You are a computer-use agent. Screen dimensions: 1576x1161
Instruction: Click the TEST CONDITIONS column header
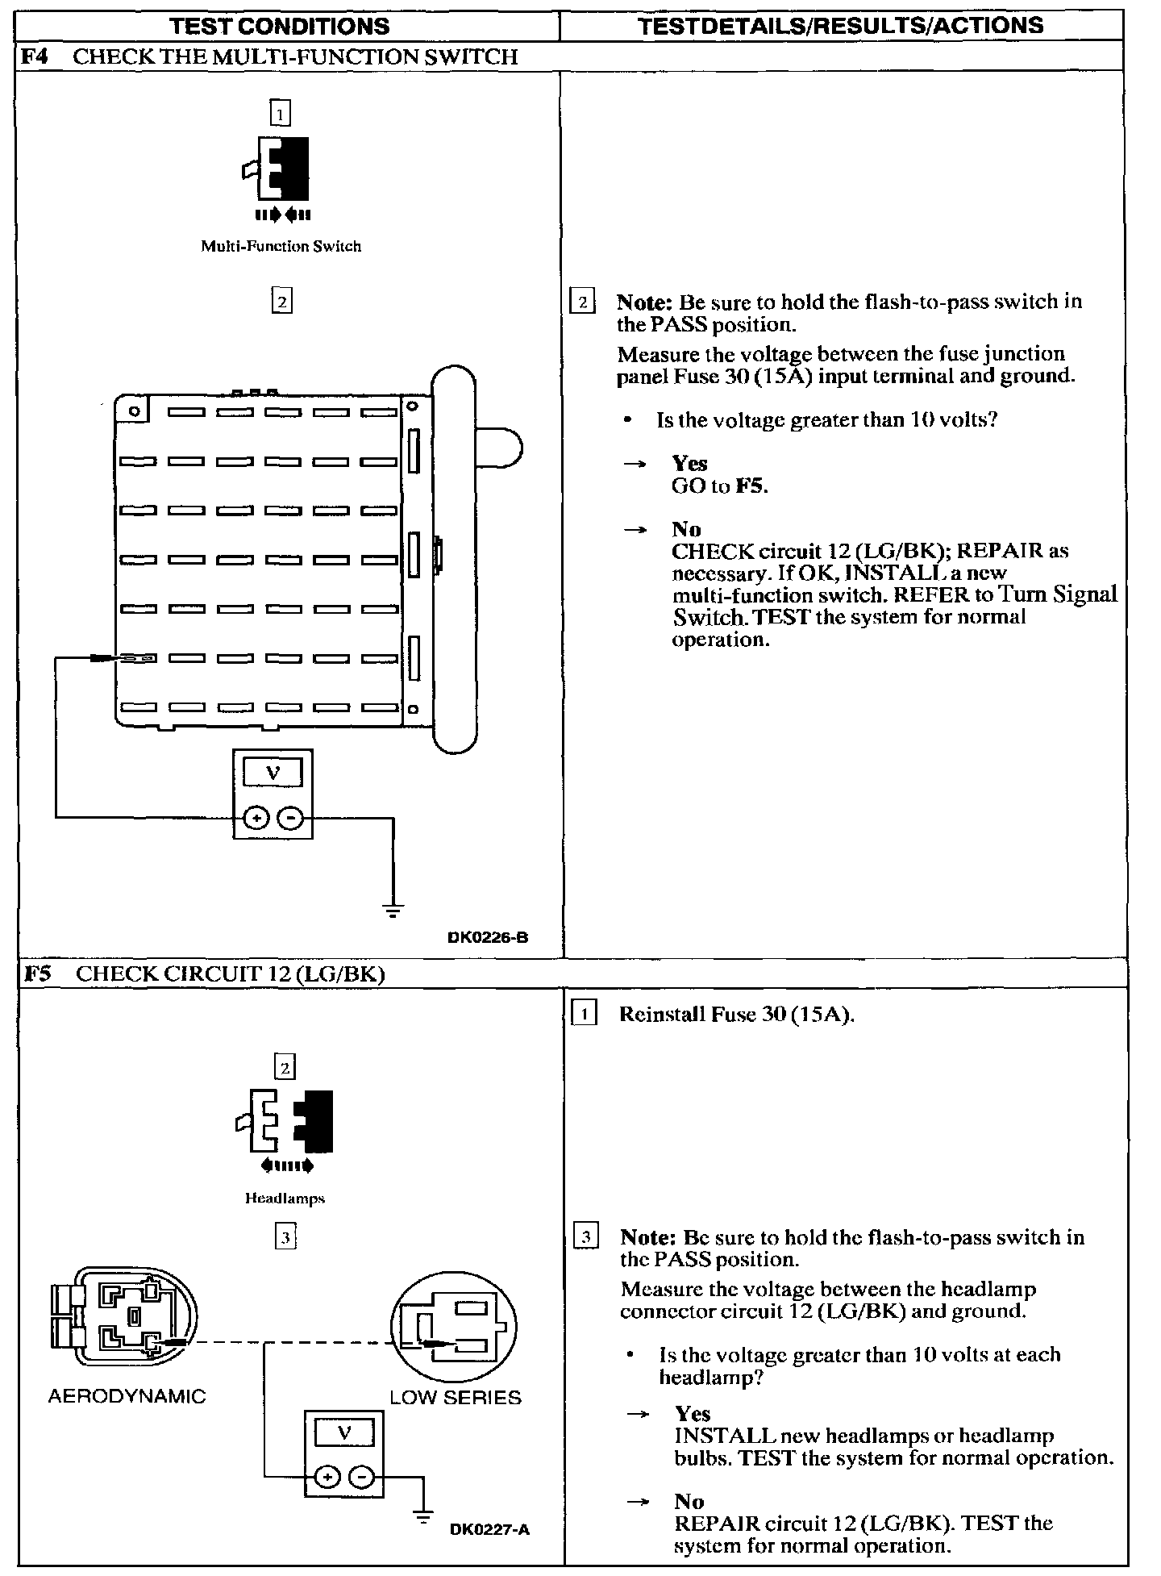click(281, 26)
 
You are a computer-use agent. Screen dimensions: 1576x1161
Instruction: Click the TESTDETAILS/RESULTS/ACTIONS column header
click(841, 26)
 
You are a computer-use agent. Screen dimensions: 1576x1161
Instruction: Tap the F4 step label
click(34, 56)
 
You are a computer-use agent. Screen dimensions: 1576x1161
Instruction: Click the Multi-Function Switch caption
click(281, 246)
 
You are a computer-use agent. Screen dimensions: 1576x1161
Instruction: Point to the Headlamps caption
click(285, 1199)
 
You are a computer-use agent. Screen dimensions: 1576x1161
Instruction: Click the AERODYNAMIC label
click(127, 1396)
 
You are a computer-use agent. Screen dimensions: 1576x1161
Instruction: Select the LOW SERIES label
click(456, 1398)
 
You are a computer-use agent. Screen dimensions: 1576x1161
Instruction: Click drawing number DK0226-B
click(489, 937)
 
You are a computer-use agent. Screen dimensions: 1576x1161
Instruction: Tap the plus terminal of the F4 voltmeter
click(256, 819)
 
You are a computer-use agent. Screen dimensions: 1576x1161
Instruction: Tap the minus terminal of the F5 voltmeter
click(363, 1477)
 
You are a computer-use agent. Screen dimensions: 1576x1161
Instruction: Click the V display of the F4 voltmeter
click(273, 773)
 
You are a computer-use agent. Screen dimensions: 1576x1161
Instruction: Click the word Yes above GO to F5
click(689, 463)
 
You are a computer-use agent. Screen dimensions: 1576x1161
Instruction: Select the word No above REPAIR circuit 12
click(689, 1501)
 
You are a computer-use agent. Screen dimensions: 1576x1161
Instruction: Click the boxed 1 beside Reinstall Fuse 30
click(584, 1013)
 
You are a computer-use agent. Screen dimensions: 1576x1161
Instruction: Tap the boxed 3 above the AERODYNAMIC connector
click(285, 1236)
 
